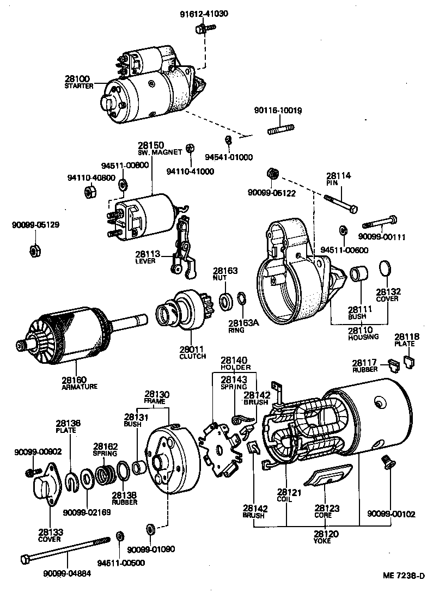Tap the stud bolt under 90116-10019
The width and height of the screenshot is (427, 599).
click(281, 130)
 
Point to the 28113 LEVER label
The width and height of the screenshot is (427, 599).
click(146, 256)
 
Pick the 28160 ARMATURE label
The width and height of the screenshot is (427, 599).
click(79, 383)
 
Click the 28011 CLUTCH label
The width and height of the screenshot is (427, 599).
click(192, 352)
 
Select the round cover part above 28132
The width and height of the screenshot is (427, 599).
click(384, 267)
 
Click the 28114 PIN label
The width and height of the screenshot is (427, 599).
click(339, 179)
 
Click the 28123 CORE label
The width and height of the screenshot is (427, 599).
click(326, 511)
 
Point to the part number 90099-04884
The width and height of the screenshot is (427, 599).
click(68, 573)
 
